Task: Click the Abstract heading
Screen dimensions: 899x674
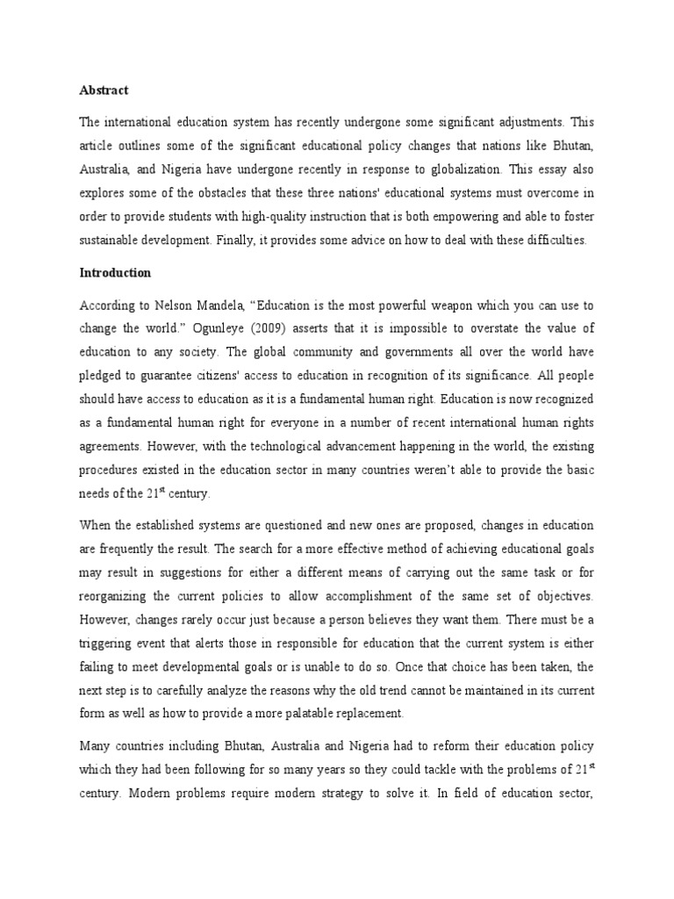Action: click(104, 90)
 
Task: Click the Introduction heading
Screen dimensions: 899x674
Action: click(115, 273)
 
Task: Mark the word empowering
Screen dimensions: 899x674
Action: click(440, 216)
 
